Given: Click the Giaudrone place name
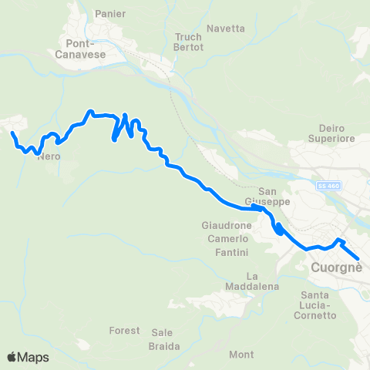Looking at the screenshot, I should tap(225, 227).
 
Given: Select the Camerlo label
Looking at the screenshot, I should tap(227, 240).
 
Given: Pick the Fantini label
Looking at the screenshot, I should tap(231, 253).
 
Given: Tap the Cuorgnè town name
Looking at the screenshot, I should tap(336, 268).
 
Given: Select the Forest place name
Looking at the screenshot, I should tap(125, 331).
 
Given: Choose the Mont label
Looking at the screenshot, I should tap(241, 355).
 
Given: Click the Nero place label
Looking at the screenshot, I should tap(49, 156).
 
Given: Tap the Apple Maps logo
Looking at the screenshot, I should tap(28, 357).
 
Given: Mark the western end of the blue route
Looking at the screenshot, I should tap(12, 133).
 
